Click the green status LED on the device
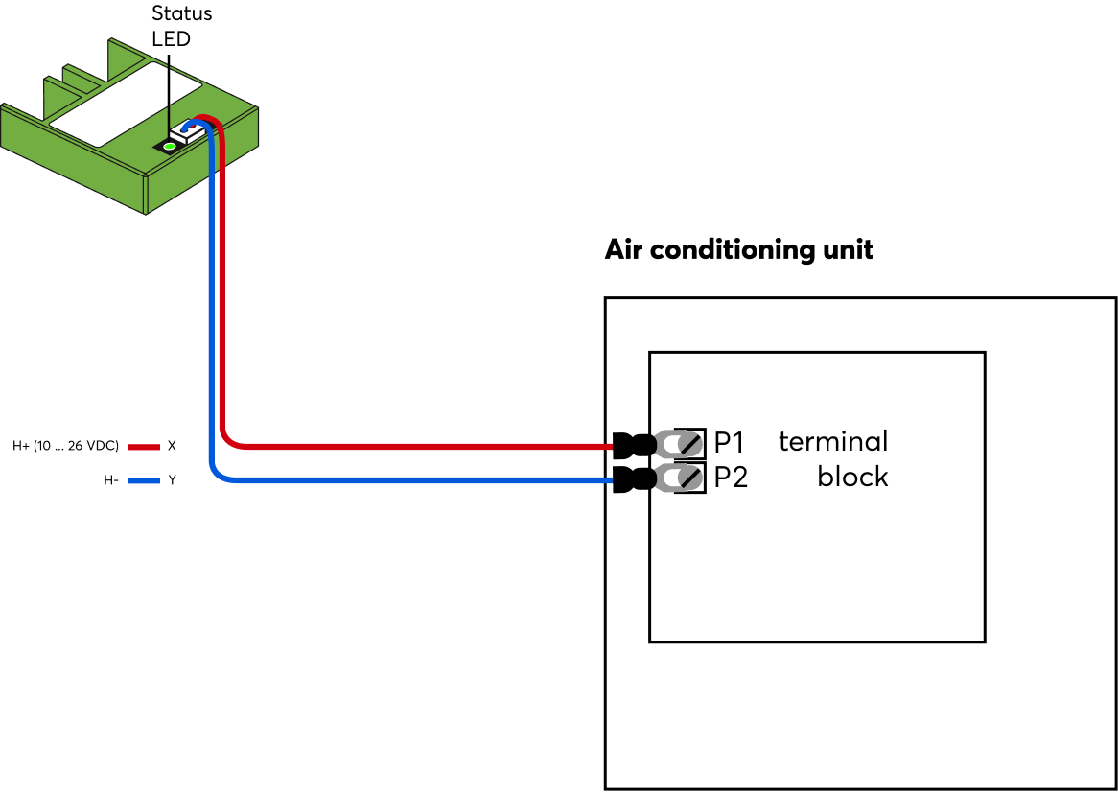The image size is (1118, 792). click(x=170, y=146)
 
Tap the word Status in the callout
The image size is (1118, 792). click(x=182, y=14)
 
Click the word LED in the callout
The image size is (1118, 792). click(x=172, y=39)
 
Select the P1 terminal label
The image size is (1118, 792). click(x=729, y=443)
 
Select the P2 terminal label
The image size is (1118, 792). click(x=731, y=478)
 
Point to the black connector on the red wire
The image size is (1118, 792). click(x=634, y=445)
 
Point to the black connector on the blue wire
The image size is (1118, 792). click(x=634, y=479)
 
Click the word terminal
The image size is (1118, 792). click(x=833, y=441)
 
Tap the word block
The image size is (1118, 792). click(x=852, y=477)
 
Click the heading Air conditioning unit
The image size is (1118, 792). click(x=738, y=250)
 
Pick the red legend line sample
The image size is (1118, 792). click(x=143, y=447)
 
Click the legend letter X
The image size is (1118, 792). click(x=172, y=446)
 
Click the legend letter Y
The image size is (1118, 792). click(x=173, y=480)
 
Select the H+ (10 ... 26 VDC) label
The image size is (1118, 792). click(x=65, y=446)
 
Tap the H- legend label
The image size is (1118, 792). click(x=111, y=480)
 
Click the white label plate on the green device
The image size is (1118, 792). click(x=125, y=104)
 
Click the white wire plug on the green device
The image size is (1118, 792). click(x=189, y=132)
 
